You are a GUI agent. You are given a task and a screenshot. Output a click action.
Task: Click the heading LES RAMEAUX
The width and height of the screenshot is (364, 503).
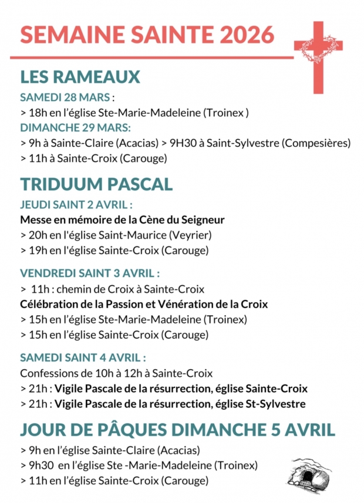[x=80, y=77]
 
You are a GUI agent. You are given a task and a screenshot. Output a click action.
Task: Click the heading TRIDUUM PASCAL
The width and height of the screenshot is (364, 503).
[x=96, y=184]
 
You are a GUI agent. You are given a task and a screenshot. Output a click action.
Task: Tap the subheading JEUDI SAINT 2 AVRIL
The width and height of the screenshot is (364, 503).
[x=75, y=205]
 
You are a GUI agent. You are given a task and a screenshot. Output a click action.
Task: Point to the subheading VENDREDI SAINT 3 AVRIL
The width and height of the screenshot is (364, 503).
[x=89, y=274]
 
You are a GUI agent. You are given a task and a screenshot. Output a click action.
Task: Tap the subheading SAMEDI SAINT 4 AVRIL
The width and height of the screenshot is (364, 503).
[x=82, y=357]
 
